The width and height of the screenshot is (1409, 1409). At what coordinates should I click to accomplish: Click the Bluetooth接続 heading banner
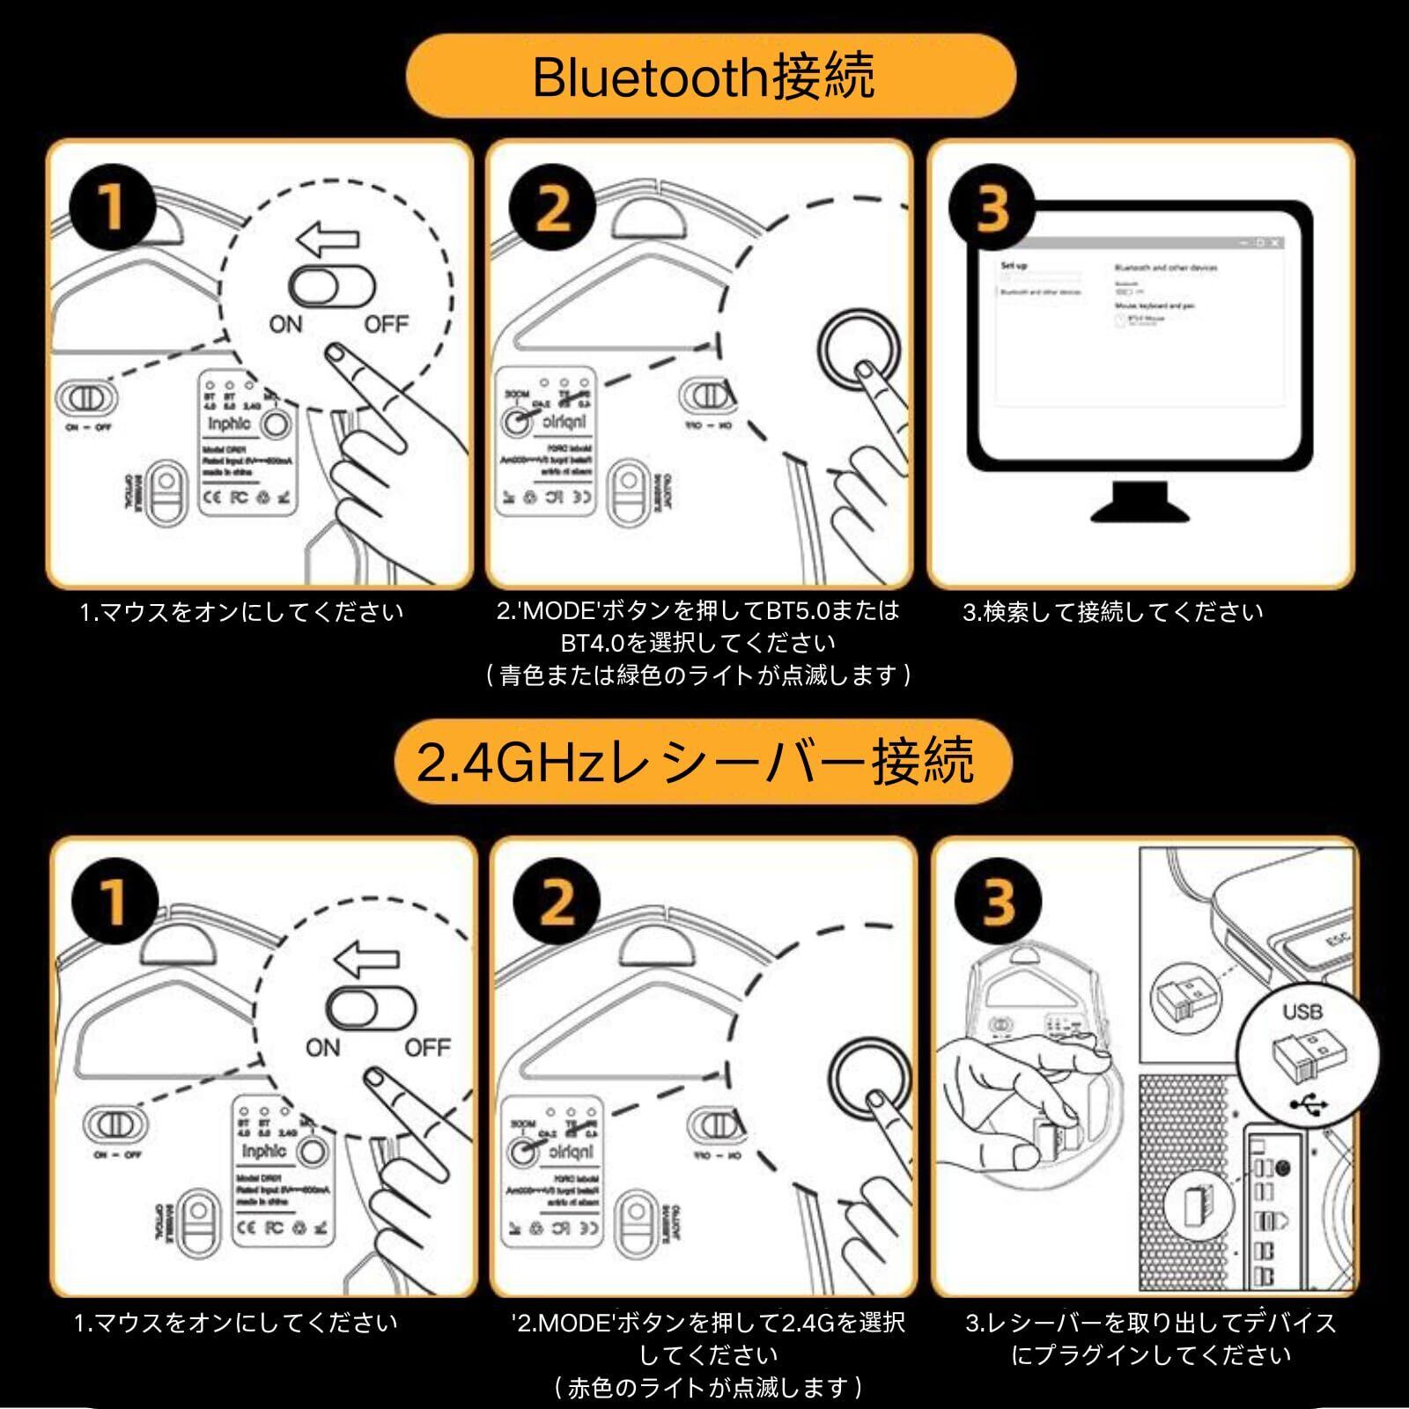[710, 76]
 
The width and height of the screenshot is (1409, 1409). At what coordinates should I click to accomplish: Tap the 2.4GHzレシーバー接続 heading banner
[701, 762]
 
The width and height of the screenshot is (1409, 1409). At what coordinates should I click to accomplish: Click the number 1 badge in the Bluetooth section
[112, 208]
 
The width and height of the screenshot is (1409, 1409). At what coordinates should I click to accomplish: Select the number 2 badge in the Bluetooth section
[552, 208]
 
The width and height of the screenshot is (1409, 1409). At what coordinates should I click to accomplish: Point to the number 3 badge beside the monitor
[992, 208]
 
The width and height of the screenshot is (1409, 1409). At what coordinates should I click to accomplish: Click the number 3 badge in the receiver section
[998, 902]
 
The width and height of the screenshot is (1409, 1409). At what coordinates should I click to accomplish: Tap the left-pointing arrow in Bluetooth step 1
[328, 238]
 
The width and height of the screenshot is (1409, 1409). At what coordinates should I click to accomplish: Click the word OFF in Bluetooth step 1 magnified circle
[386, 325]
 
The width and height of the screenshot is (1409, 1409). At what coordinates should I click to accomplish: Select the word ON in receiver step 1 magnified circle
[322, 1048]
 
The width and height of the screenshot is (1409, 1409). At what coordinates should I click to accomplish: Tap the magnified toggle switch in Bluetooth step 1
[332, 286]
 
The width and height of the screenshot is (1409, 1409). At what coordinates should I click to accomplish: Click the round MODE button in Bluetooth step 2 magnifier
[859, 350]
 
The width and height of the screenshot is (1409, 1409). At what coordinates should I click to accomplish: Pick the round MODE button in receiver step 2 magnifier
[870, 1083]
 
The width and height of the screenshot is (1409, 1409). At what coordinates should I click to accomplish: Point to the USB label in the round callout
[1302, 1012]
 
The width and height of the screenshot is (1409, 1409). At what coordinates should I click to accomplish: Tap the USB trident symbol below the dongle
[1308, 1103]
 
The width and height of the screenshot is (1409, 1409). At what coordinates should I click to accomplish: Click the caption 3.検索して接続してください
[1113, 612]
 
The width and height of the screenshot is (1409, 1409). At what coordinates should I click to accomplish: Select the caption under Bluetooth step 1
[241, 612]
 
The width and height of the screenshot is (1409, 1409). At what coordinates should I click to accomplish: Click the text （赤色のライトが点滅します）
[709, 1389]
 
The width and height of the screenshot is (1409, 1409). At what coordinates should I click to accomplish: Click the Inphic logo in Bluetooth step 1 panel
[229, 424]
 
